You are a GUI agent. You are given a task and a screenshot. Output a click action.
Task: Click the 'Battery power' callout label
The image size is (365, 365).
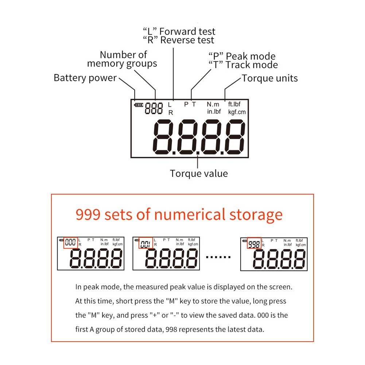[x=85, y=78]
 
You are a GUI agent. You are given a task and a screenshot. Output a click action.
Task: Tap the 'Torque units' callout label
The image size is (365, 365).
[x=270, y=78]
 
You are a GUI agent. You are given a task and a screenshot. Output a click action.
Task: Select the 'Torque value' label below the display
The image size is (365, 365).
[x=199, y=174]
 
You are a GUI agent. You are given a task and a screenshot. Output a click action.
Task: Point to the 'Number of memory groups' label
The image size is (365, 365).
[x=122, y=59]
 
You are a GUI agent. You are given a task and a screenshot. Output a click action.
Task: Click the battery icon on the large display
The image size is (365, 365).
[x=139, y=105]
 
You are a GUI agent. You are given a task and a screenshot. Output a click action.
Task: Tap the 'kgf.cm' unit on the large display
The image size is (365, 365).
[x=237, y=112]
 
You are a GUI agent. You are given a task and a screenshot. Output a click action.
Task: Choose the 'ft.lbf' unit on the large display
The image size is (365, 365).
[x=234, y=104]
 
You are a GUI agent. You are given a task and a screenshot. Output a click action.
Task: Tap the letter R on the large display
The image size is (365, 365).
[x=170, y=113]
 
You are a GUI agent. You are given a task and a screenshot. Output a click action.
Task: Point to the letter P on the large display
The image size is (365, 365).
[x=186, y=104]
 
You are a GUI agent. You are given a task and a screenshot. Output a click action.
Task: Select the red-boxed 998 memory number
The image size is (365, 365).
[x=254, y=243]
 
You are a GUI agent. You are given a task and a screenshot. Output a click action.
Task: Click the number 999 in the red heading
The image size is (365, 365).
[x=88, y=214]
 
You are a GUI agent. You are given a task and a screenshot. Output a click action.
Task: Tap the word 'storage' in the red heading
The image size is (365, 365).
[x=256, y=214]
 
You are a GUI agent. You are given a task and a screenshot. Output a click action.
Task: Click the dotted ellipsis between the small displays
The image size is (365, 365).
[x=218, y=257]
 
